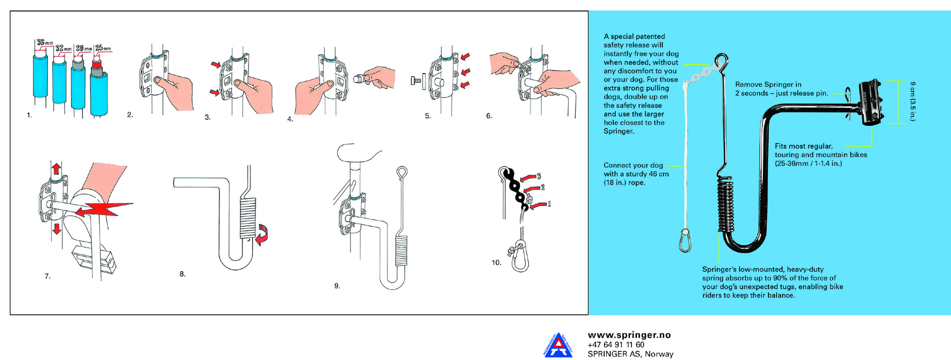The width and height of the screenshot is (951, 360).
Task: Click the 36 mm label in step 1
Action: tap(45, 43)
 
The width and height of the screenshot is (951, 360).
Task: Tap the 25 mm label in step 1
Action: tap(103, 48)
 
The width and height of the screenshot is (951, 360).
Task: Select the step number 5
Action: tap(428, 116)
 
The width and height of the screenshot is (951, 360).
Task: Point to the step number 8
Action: tap(183, 274)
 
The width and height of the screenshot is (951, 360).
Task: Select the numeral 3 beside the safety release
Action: tap(539, 176)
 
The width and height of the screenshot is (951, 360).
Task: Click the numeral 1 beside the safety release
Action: tap(549, 204)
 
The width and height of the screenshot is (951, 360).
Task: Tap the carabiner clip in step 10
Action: tap(520, 257)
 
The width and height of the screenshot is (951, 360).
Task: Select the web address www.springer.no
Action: tap(629, 335)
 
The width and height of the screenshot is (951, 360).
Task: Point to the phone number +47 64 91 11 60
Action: tap(616, 345)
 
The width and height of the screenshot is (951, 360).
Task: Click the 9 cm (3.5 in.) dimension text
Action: tap(912, 101)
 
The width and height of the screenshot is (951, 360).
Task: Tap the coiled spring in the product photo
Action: tap(726, 205)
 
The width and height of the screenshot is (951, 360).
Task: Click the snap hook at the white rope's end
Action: tap(685, 240)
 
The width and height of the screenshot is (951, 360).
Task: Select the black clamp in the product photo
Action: tap(871, 102)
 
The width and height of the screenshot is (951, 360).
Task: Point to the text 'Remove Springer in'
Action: tap(768, 85)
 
